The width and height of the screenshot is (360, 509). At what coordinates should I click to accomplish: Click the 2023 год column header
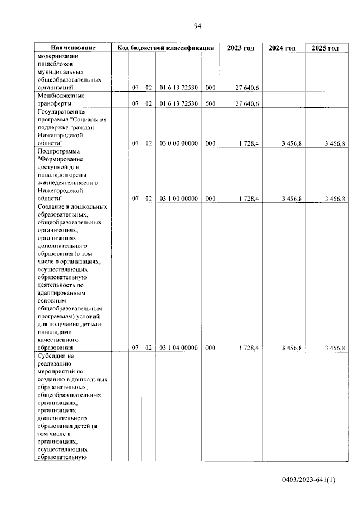click(x=240, y=48)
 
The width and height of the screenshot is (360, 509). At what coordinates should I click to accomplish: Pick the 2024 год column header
click(x=282, y=48)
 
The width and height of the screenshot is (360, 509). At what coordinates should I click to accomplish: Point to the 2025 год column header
click(x=325, y=48)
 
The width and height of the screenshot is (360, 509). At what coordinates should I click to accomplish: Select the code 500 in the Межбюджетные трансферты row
click(x=210, y=104)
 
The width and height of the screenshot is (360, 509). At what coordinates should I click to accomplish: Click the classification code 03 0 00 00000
click(x=178, y=143)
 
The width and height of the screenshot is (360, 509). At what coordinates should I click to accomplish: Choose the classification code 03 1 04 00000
click(x=178, y=348)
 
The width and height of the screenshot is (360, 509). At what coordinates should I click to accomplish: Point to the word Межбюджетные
click(x=61, y=96)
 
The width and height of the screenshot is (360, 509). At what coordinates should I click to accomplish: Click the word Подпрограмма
click(x=59, y=151)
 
